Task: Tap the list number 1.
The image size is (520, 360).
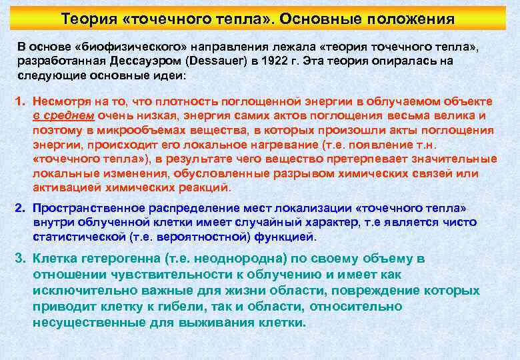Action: tap(19, 101)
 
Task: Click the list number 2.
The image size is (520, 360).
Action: tap(19, 208)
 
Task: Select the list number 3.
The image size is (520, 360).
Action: tap(20, 259)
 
